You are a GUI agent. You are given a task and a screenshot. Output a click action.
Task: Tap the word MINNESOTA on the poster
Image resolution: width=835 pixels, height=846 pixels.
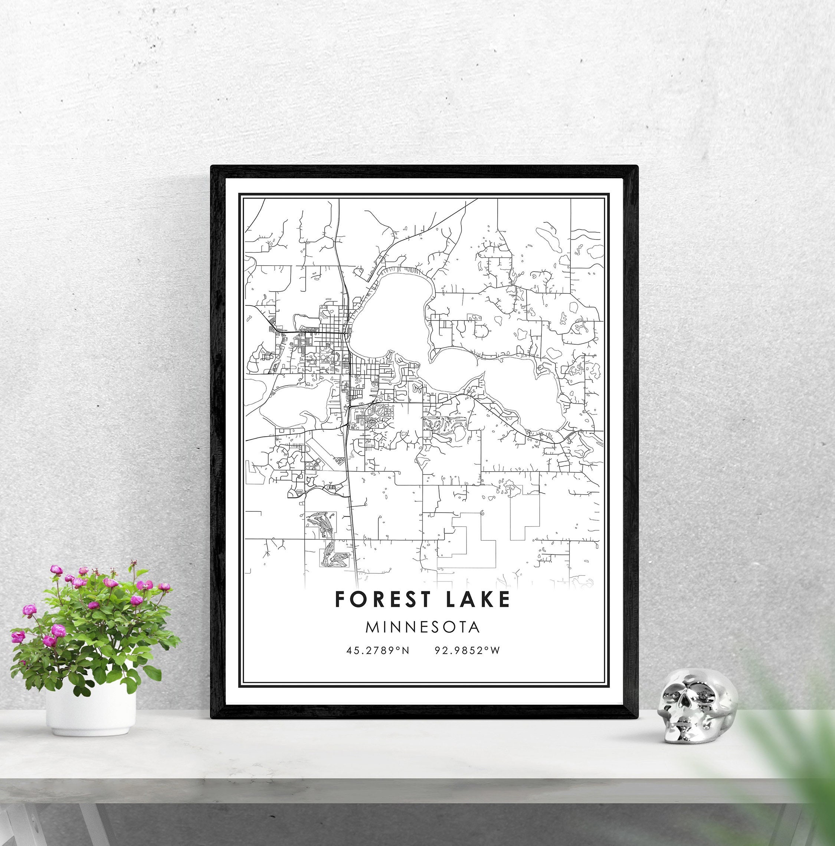(423, 627)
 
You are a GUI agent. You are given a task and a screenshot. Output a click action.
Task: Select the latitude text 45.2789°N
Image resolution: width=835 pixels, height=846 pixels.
(378, 650)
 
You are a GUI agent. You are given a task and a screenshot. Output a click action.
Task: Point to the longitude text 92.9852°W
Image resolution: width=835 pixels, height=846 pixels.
(467, 650)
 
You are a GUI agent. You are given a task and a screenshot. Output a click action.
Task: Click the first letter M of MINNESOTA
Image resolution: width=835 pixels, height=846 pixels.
(371, 627)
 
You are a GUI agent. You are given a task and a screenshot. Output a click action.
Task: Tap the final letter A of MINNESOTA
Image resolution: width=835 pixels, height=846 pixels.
(474, 627)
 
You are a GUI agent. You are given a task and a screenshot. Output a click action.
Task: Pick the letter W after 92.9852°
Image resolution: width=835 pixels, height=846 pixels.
(495, 651)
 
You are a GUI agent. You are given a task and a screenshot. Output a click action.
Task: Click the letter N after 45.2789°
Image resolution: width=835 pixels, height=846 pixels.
(405, 651)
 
